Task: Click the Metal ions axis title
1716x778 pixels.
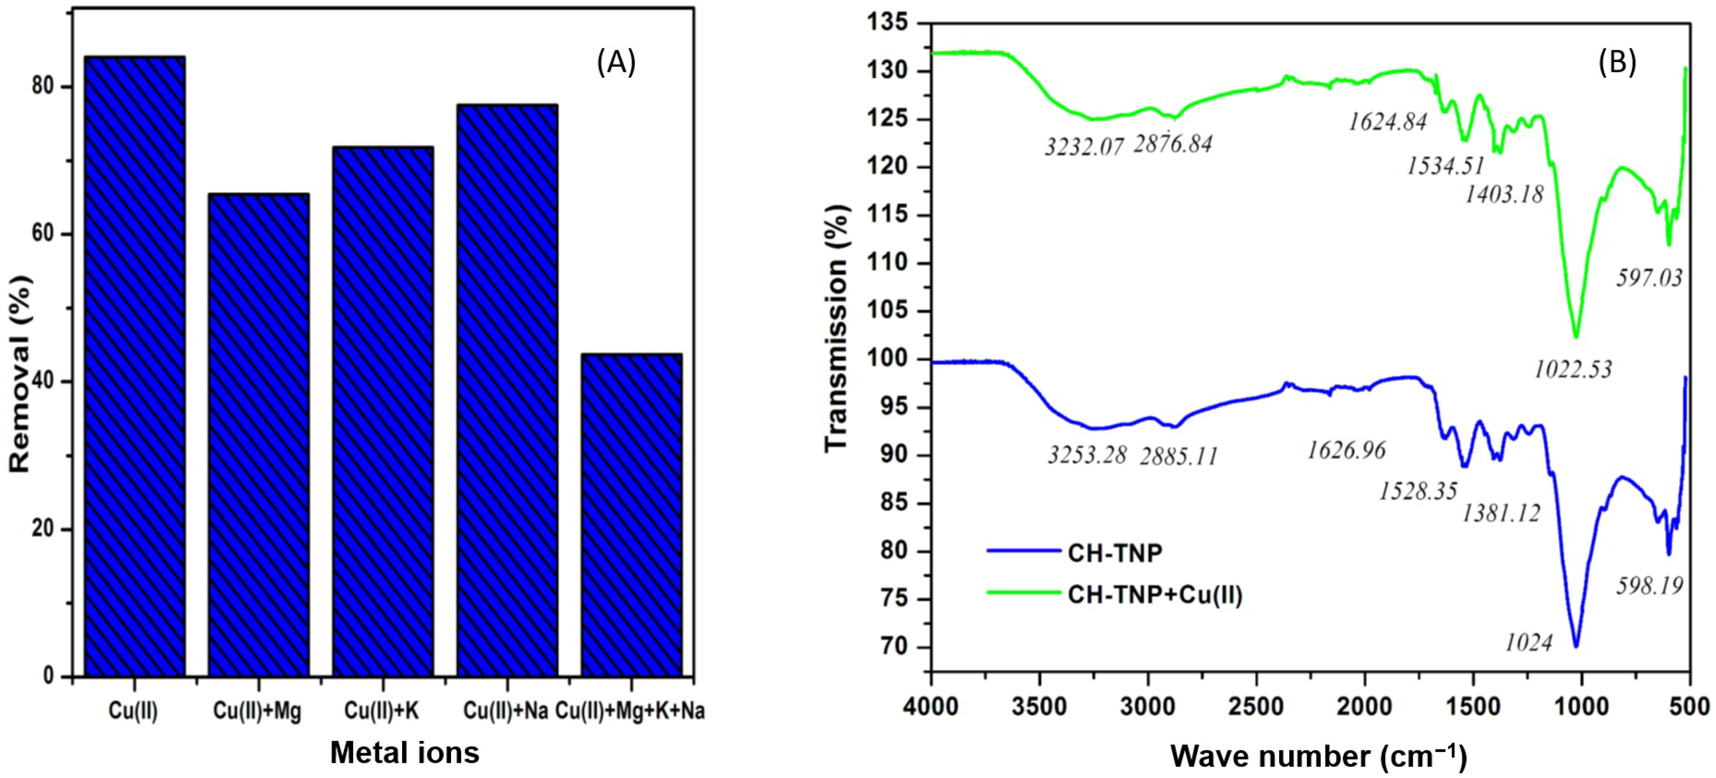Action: pos(404,753)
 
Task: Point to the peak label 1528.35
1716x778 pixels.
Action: pos(1418,492)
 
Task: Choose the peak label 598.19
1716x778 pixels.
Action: pos(1649,586)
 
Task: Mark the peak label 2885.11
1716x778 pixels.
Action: pos(1178,457)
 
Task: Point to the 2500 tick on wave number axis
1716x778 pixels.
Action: pos(1257,706)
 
